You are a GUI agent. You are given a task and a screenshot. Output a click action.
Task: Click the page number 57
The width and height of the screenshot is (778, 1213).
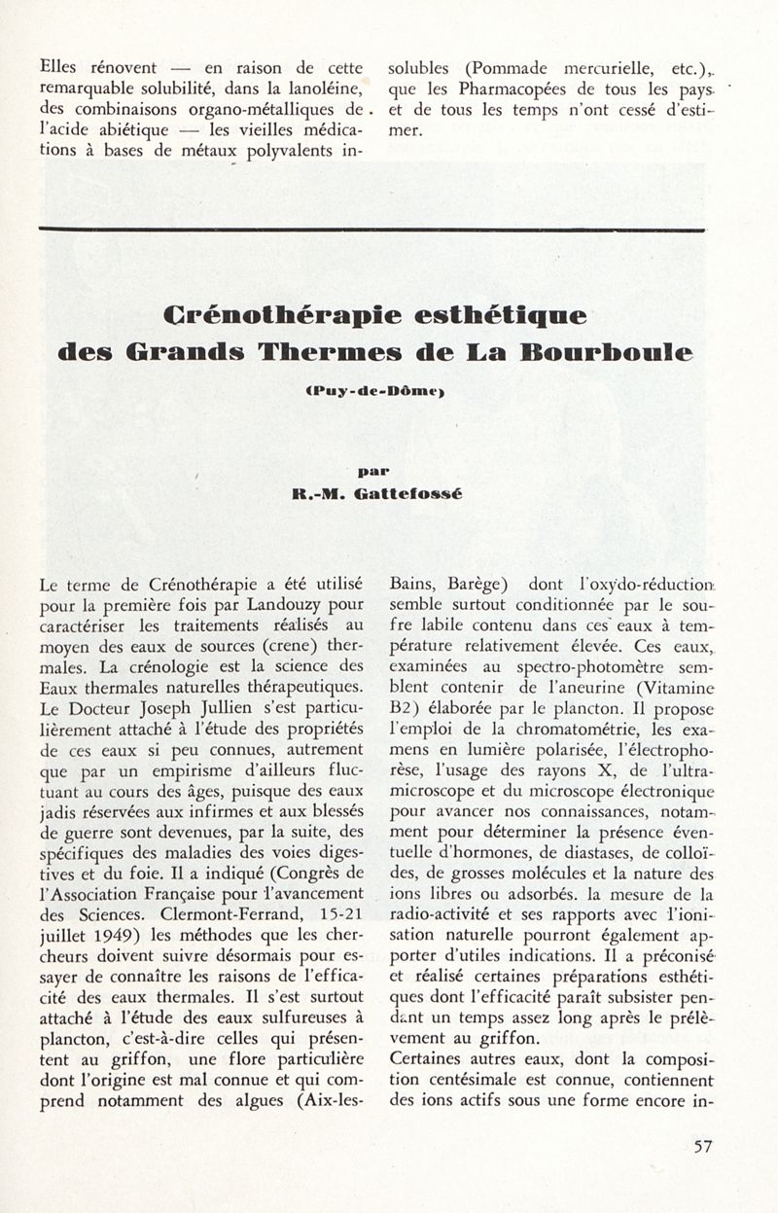(702, 1145)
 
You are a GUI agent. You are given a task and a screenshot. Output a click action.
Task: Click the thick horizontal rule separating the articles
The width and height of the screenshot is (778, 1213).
(371, 229)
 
